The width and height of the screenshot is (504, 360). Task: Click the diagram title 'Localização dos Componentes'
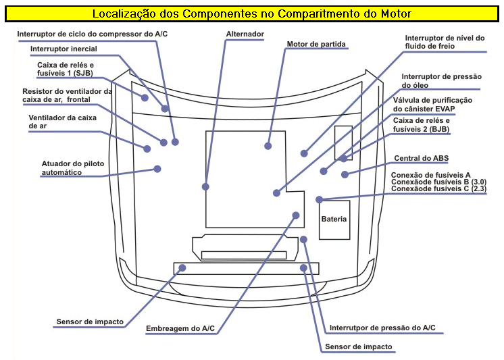[251, 13]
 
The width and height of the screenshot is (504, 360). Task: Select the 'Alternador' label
[245, 33]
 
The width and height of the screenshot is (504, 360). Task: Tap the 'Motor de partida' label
[316, 45]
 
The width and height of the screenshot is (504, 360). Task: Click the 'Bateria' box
[334, 220]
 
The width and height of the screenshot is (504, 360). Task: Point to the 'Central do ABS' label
[421, 158]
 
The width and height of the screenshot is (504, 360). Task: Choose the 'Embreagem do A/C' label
[180, 328]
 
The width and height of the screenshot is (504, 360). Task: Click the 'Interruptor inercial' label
[64, 49]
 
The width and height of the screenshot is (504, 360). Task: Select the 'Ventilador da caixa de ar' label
[61, 122]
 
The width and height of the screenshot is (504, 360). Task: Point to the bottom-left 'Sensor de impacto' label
[90, 322]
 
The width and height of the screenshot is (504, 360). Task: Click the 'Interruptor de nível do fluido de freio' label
[444, 43]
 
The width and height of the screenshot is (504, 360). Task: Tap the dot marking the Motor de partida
[268, 145]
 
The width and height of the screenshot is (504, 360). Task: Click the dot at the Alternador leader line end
[205, 186]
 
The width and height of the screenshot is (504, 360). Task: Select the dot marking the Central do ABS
[345, 174]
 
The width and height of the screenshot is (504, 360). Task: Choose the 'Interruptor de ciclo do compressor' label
[97, 33]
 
